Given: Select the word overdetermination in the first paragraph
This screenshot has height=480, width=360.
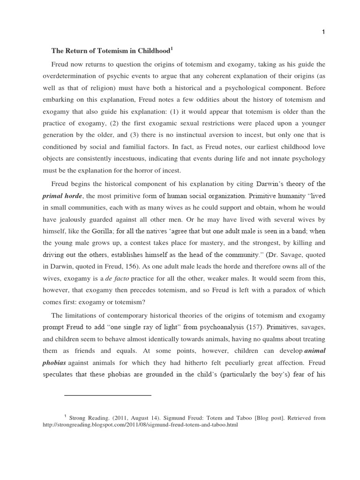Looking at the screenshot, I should point(79,76).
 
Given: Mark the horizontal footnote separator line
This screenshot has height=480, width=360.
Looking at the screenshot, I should point(107,396).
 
